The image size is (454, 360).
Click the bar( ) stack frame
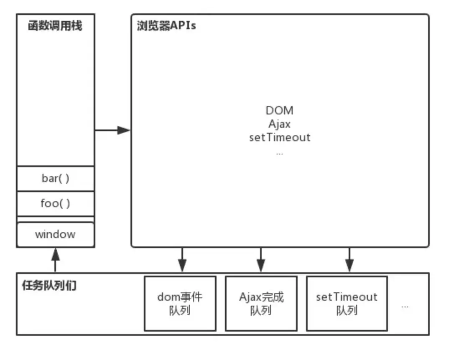click(x=56, y=179)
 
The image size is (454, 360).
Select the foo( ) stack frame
click(x=56, y=204)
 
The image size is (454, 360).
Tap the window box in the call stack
click(x=56, y=234)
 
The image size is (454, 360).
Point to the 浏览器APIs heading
click(x=166, y=26)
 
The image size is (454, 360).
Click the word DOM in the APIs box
click(x=279, y=111)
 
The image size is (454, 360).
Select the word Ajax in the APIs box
click(x=279, y=124)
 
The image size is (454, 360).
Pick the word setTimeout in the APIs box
click(x=279, y=137)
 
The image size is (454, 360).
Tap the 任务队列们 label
click(x=49, y=286)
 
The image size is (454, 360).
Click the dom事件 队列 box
click(x=180, y=303)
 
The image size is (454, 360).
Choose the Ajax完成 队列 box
click(x=261, y=303)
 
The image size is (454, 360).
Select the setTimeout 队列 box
click(x=347, y=303)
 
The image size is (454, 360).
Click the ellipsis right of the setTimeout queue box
click(x=405, y=307)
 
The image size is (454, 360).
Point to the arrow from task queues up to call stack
click(x=55, y=260)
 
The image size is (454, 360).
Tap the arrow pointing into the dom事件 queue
click(x=182, y=260)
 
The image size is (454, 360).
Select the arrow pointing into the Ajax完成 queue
click(x=261, y=260)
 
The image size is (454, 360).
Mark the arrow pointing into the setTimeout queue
click(x=349, y=260)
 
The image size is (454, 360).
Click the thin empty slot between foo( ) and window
click(x=56, y=220)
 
